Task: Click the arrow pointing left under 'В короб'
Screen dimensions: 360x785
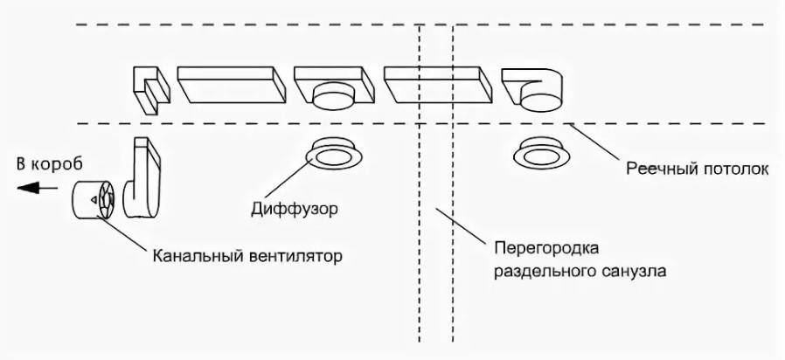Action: tap(31, 186)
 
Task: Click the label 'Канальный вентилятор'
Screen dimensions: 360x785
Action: tap(247, 257)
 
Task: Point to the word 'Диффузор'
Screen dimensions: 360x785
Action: tap(293, 210)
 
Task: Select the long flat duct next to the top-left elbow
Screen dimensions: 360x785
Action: tap(232, 86)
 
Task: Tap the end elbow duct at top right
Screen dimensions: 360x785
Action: tap(535, 88)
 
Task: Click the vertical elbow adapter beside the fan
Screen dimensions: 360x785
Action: tap(142, 178)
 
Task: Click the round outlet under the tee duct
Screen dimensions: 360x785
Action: tap(330, 97)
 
